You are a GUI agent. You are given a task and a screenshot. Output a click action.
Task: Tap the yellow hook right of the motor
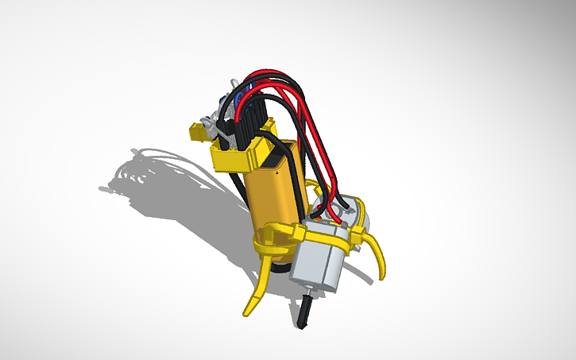(x=379, y=254)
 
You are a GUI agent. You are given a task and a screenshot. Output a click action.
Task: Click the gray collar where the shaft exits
(x=307, y=296)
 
